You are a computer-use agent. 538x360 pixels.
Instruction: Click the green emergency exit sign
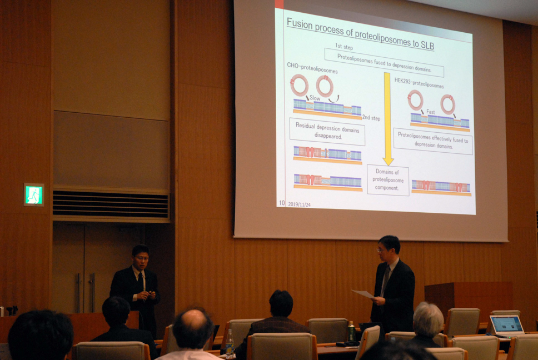point(33,195)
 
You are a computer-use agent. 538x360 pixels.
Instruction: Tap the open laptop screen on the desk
point(507,324)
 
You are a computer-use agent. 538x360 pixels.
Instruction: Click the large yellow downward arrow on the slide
point(387,119)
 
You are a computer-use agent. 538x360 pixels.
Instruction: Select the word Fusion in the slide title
point(299,24)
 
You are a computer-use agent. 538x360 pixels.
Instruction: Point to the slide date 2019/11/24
point(299,204)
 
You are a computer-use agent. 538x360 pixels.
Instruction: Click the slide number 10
point(282,203)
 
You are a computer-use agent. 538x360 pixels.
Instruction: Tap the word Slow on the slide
point(315,98)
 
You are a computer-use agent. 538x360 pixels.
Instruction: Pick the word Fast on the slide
point(430,112)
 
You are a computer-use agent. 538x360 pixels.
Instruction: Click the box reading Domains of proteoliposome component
point(388,180)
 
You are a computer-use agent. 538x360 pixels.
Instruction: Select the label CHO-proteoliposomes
point(312,68)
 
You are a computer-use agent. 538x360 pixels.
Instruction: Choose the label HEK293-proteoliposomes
point(419,83)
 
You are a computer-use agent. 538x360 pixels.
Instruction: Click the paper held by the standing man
point(363,294)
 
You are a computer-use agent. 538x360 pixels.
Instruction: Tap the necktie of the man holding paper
point(386,280)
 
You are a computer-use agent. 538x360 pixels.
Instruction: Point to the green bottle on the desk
point(351,331)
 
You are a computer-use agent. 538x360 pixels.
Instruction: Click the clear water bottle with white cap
point(230,343)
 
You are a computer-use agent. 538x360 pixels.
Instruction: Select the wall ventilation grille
point(111,204)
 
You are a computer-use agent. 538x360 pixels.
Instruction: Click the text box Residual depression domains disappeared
point(327,131)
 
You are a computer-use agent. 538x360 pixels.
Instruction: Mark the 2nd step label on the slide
point(371,118)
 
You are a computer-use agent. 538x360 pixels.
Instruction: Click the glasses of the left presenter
point(142,258)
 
